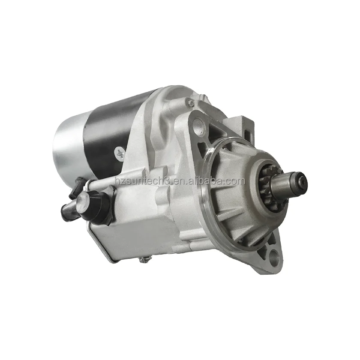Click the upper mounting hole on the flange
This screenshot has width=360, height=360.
[198, 125]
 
